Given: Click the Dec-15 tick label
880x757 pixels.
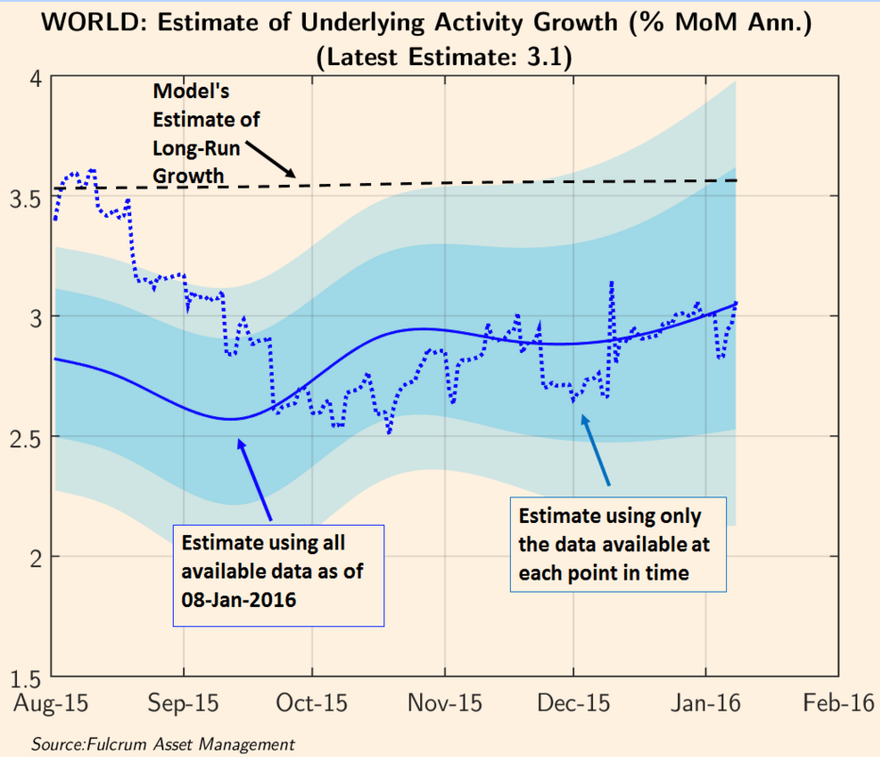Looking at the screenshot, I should [x=574, y=704].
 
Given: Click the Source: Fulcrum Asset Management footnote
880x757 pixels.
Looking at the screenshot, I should [x=162, y=745].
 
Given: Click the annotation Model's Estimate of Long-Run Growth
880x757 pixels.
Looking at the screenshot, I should [x=206, y=133].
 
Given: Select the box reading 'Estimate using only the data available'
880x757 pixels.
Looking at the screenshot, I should [x=618, y=545].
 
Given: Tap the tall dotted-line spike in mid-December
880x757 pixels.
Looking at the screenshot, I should [x=612, y=283].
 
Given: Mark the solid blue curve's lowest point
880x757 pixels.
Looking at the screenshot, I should [x=232, y=418].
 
